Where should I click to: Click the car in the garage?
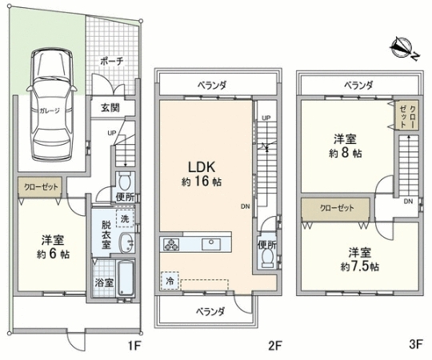click(51, 104)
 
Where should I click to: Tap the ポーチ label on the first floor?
click(111, 61)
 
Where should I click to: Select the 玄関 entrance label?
click(110, 108)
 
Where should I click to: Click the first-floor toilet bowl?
click(125, 181)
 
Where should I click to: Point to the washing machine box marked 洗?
click(125, 218)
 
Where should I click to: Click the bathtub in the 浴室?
click(126, 278)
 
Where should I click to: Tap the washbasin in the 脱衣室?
click(126, 242)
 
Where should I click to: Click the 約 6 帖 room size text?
click(53, 254)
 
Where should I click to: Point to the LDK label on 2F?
click(202, 167)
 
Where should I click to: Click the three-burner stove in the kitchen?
click(171, 244)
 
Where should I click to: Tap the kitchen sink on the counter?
click(211, 244)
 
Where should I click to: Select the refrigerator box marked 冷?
click(170, 281)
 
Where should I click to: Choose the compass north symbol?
click(403, 48)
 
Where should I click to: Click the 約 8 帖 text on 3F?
click(346, 153)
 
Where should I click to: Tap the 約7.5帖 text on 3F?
click(360, 266)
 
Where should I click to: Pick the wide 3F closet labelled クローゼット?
click(335, 208)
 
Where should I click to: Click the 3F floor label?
click(416, 344)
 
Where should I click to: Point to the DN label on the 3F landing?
click(408, 202)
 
